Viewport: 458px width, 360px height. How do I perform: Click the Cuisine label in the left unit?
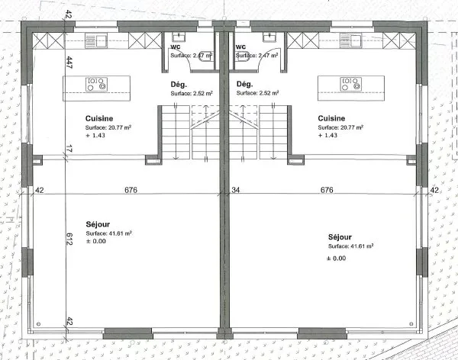pos(99,118)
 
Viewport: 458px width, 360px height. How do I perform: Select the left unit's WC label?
pos(175,46)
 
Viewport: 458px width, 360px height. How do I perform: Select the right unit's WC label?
pos(240,46)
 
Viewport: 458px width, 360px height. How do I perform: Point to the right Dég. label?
pos(244,84)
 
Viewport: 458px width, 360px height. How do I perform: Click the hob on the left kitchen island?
pos(96,84)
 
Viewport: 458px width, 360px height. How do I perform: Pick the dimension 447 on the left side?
pos(69,63)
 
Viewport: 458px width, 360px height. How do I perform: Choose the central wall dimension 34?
pos(236,190)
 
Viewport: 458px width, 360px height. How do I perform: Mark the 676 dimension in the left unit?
pos(131,190)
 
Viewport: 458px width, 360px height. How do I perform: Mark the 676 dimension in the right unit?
pos(327,190)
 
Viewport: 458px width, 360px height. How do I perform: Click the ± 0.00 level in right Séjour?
pos(337,258)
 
